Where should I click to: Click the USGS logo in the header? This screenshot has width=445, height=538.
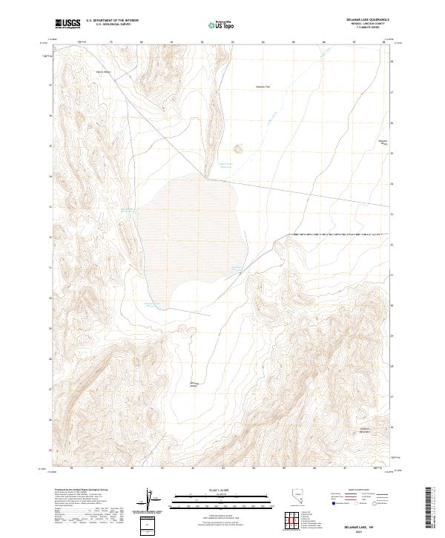tap(67, 24)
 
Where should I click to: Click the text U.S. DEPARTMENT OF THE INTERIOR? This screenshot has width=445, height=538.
tap(112, 20)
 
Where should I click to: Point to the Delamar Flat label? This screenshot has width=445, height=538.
tap(263, 87)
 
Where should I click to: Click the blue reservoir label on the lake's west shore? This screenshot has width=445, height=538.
tap(127, 211)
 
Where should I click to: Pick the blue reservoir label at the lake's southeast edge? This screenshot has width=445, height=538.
tap(237, 269)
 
